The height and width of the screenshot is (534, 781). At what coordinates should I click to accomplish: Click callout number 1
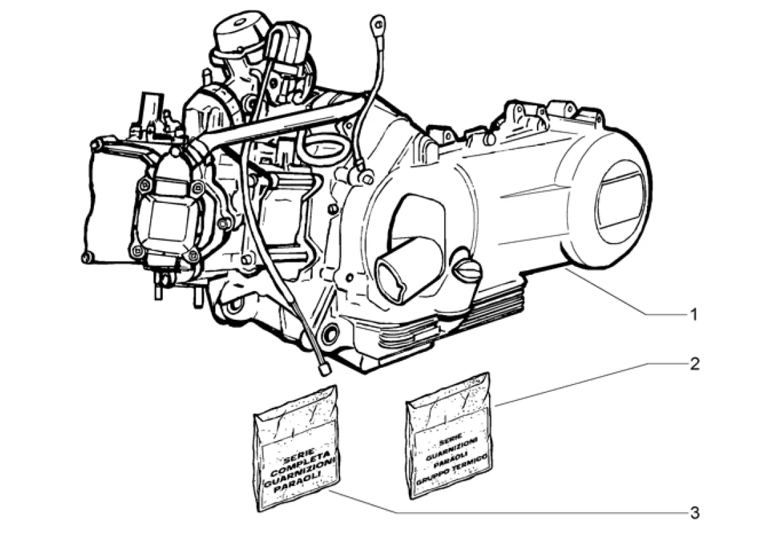[694, 314]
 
